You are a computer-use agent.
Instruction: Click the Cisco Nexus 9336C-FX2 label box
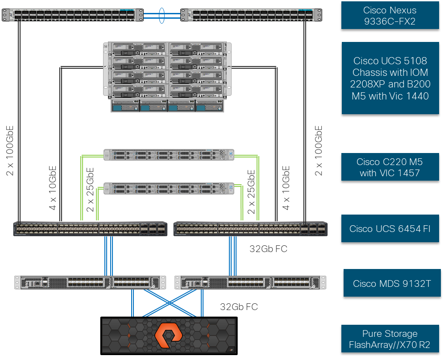(x=390, y=16)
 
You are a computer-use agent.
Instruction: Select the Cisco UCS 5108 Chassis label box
(x=390, y=78)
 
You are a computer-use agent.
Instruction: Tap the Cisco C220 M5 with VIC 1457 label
(x=390, y=167)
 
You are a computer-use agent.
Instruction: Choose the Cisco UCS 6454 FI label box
(x=390, y=228)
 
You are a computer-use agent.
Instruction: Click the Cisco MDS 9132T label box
(x=391, y=283)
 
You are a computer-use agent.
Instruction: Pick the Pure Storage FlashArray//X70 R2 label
(x=390, y=339)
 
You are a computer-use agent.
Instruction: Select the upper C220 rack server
(x=169, y=155)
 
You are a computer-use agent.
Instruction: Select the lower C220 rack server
(x=169, y=188)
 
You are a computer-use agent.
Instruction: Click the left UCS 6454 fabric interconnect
(x=91, y=228)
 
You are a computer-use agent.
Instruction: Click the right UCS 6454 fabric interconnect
(x=250, y=228)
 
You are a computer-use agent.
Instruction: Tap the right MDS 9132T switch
(x=250, y=282)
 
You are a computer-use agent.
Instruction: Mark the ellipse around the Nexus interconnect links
(x=162, y=14)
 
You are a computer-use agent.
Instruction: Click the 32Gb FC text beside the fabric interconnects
(x=268, y=248)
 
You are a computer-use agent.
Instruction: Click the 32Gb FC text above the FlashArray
(x=239, y=306)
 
